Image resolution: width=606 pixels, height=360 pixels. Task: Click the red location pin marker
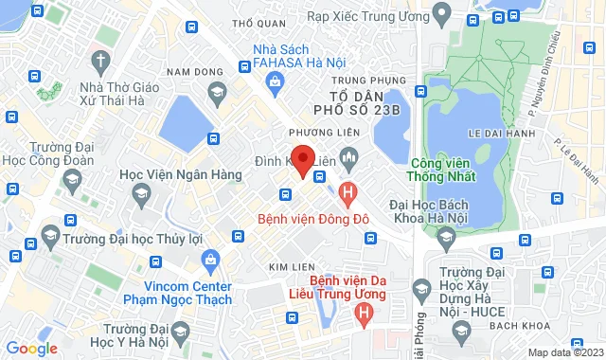pos(302,159)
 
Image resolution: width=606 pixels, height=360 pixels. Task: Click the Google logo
pos(31,348)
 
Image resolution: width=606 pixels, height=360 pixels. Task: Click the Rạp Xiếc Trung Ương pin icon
pos(439,14)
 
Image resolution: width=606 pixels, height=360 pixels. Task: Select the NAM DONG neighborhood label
pos(187,72)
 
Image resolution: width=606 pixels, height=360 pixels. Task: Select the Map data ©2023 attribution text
pos(563,352)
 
